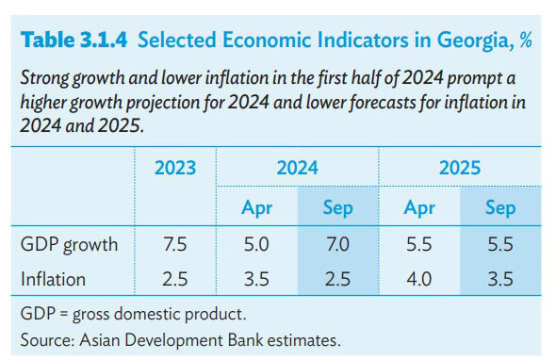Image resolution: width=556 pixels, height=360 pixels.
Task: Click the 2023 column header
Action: [x=175, y=168]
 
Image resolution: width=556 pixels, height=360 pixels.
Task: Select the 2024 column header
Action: [x=297, y=168]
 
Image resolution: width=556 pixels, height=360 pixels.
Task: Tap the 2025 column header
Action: [x=460, y=168]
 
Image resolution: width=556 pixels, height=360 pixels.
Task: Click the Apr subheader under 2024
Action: [x=256, y=208]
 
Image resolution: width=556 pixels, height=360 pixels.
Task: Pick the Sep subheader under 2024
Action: [x=338, y=208]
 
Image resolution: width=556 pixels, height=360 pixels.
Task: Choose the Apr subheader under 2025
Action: [x=419, y=208]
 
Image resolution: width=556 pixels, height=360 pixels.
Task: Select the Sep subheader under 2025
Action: [x=500, y=208]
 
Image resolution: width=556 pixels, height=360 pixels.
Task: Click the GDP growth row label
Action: [x=69, y=245]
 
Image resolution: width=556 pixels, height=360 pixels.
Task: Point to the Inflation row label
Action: [x=53, y=279]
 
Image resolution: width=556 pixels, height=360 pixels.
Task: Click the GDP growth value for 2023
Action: [x=175, y=244]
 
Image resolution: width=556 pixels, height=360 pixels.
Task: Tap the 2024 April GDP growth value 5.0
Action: [x=256, y=244]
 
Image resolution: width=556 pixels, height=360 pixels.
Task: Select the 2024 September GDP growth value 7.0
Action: [x=338, y=244]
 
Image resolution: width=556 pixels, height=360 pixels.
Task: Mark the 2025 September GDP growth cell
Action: [x=500, y=244]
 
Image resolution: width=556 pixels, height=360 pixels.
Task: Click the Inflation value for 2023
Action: [x=175, y=279]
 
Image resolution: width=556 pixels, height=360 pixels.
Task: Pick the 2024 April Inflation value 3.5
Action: [x=256, y=279]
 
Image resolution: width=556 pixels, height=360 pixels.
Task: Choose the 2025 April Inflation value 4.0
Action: [x=419, y=279]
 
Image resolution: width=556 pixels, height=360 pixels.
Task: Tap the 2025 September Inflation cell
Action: [x=500, y=279]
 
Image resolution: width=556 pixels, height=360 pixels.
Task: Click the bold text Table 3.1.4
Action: [x=74, y=40]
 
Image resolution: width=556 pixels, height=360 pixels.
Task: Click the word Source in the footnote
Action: [x=47, y=340]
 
